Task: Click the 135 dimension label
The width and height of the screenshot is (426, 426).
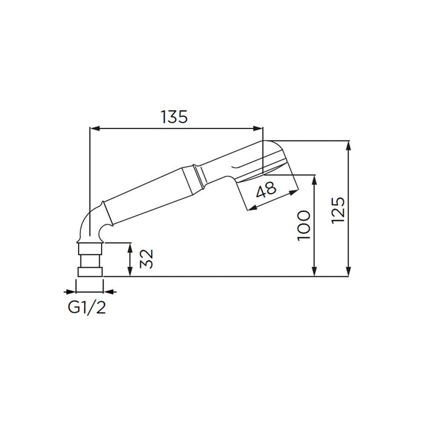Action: tap(174, 117)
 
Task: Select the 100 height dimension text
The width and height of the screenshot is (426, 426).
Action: tap(304, 226)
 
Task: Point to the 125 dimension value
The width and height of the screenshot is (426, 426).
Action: tap(338, 211)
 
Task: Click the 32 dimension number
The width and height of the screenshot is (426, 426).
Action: tap(147, 259)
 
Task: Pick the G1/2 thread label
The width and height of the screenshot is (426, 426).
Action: tap(86, 308)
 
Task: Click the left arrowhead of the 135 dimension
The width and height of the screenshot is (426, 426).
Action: tap(94, 128)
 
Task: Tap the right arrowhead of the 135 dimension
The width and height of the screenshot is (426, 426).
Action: tap(258, 128)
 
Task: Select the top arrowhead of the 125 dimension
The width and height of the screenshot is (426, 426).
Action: tap(349, 145)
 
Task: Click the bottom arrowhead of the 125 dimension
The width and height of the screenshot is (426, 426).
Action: tap(349, 271)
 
